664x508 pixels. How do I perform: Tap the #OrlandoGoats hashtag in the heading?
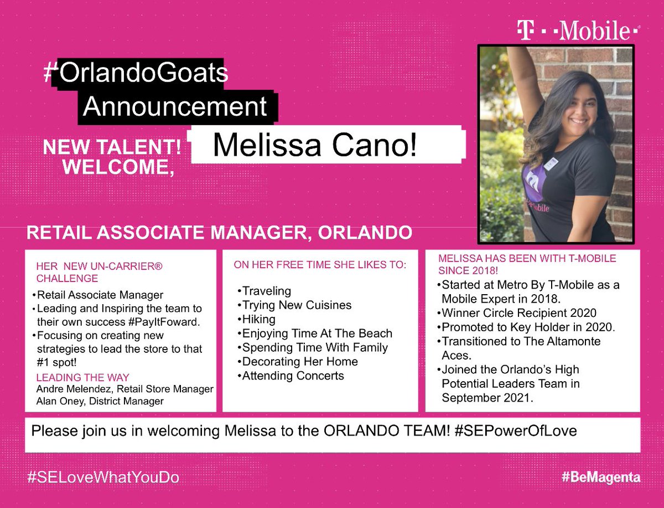tap(136, 74)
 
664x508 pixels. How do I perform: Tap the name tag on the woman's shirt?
tap(551, 164)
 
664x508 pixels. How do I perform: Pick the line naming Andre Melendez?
tap(124, 389)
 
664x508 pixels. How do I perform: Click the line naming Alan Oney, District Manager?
tap(100, 401)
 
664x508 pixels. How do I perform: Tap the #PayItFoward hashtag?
tap(155, 322)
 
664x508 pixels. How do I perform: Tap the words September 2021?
tap(487, 397)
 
